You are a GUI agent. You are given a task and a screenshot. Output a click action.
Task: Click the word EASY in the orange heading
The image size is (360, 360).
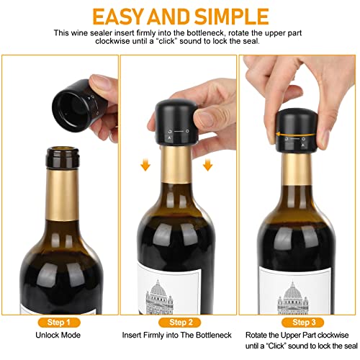coord(119,17)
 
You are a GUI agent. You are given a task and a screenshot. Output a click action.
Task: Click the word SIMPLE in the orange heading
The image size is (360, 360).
coord(232,17)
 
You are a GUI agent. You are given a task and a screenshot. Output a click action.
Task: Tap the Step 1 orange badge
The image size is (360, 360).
coord(59,323)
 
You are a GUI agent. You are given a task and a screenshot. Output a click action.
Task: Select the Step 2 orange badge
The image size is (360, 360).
coord(180,323)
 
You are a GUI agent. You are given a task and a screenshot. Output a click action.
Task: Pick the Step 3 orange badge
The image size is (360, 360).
coord(302,323)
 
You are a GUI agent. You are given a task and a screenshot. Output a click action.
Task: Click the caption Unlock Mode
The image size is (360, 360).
coord(58,335)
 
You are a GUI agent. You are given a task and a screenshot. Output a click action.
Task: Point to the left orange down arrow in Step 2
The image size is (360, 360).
coord(145,166)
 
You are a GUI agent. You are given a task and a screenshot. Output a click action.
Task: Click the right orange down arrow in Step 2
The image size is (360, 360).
coord(207,166)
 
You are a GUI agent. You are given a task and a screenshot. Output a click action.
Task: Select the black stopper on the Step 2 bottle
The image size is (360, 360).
coord(176,122)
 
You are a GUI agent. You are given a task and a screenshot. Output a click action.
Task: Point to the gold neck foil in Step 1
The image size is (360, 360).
coord(62,195)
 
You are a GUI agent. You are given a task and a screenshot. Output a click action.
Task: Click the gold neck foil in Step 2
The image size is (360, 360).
coord(176,164)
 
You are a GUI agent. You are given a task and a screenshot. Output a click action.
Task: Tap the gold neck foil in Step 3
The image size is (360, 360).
coord(297,169)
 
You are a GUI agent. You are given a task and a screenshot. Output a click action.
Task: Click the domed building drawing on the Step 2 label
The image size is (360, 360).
coord(159,297)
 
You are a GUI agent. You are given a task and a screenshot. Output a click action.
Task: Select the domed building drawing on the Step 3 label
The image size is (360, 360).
coord(292,298)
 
